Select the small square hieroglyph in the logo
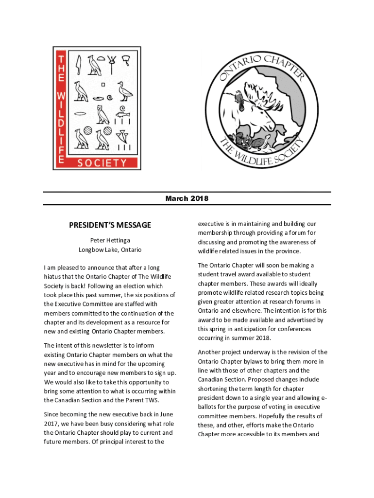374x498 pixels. tap(103, 84)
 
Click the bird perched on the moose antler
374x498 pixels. tap(240, 99)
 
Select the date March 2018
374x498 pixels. tap(187, 198)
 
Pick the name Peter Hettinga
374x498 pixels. tap(110, 240)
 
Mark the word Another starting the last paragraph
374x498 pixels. tap(211, 352)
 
